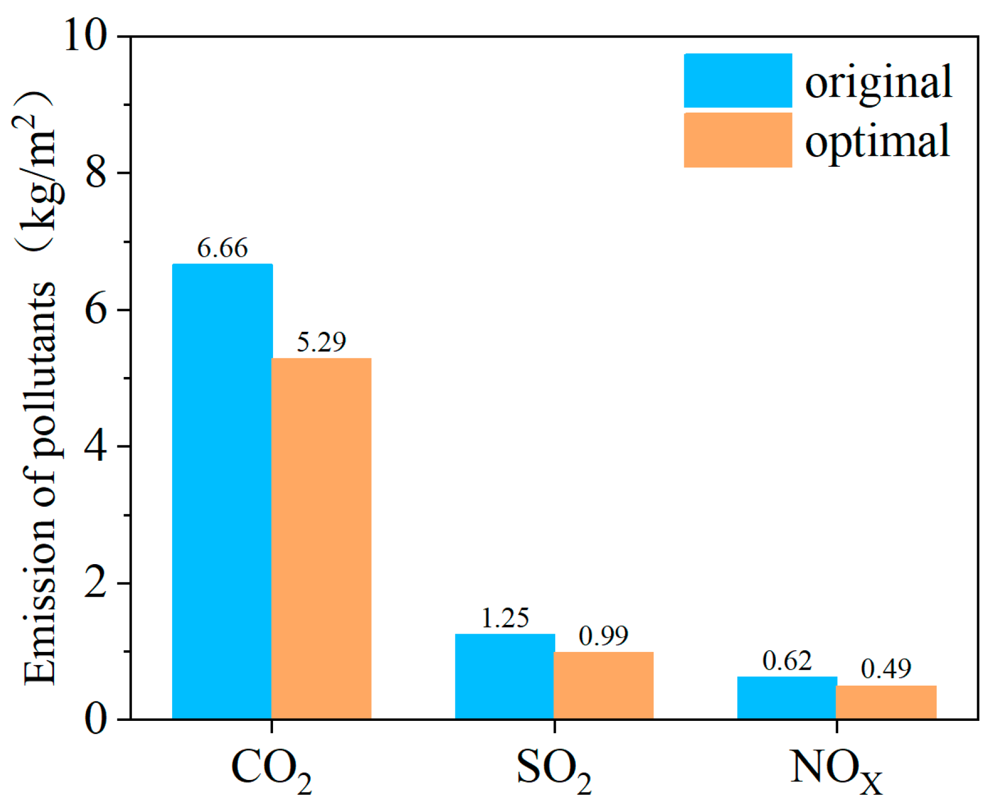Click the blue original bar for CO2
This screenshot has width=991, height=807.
click(x=222, y=491)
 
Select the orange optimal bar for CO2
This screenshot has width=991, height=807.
click(x=322, y=538)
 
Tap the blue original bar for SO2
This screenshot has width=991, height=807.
click(x=505, y=676)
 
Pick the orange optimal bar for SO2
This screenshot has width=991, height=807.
click(x=604, y=685)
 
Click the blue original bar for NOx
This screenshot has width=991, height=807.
click(x=787, y=698)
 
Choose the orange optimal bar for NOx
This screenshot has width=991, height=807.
click(x=886, y=702)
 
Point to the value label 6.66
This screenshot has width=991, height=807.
click(x=223, y=248)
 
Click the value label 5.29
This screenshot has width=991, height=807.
click(x=322, y=342)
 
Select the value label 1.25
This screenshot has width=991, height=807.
click(x=505, y=618)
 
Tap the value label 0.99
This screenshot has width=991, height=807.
click(x=604, y=636)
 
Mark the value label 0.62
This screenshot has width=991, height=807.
click(x=787, y=661)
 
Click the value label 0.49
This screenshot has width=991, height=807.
click(x=886, y=669)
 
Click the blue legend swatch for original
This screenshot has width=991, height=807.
click(x=738, y=81)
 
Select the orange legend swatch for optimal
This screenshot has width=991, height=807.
click(x=738, y=140)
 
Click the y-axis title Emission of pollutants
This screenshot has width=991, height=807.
click(x=40, y=483)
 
